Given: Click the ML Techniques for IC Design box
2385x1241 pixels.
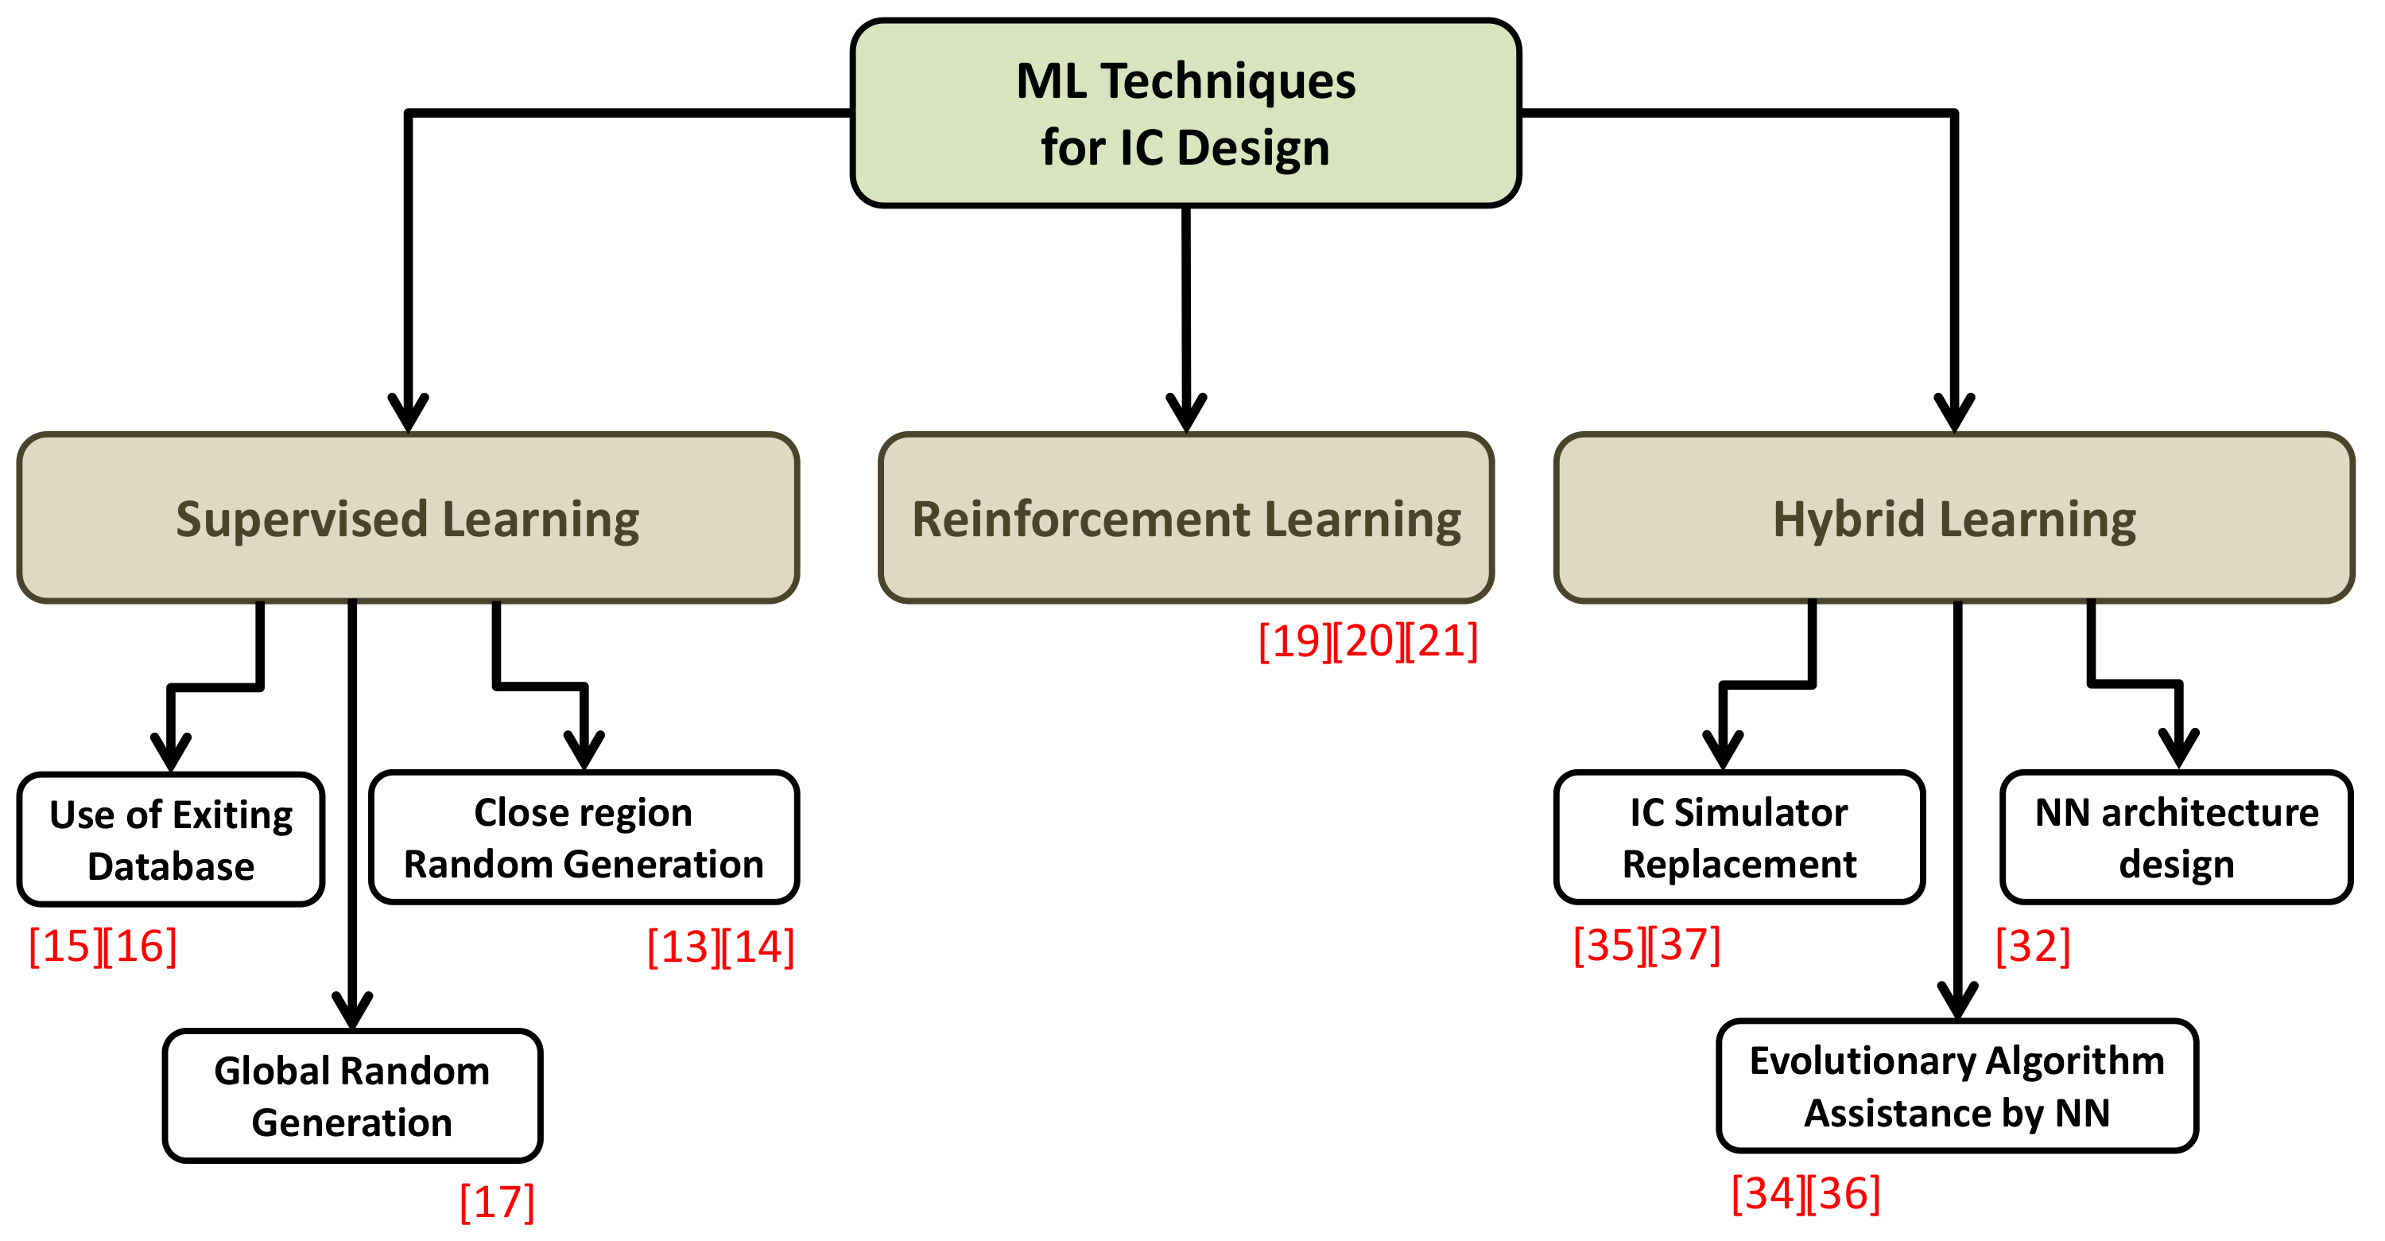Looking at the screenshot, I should [1185, 113].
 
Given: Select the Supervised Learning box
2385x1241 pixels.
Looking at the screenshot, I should [407, 519].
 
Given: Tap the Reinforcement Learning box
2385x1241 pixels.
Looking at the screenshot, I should [1186, 519].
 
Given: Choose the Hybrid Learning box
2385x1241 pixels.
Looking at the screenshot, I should [1953, 519].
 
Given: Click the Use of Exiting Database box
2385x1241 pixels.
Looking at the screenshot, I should [171, 840].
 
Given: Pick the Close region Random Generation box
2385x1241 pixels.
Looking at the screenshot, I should [584, 838].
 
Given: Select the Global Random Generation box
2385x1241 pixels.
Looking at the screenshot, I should [352, 1096].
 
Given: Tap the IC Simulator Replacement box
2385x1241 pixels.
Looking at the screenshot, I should [1739, 838].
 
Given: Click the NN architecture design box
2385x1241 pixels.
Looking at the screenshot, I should [2176, 838].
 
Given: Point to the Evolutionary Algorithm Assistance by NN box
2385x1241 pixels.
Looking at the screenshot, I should [1956, 1087].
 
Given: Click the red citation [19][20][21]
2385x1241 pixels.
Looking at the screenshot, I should [1367, 642].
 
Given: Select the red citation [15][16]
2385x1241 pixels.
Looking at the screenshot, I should [103, 947].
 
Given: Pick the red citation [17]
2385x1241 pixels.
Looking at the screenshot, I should [497, 1202].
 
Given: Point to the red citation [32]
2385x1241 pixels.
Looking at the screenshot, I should [2032, 947].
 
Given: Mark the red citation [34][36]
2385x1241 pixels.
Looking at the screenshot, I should [1805, 1194].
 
